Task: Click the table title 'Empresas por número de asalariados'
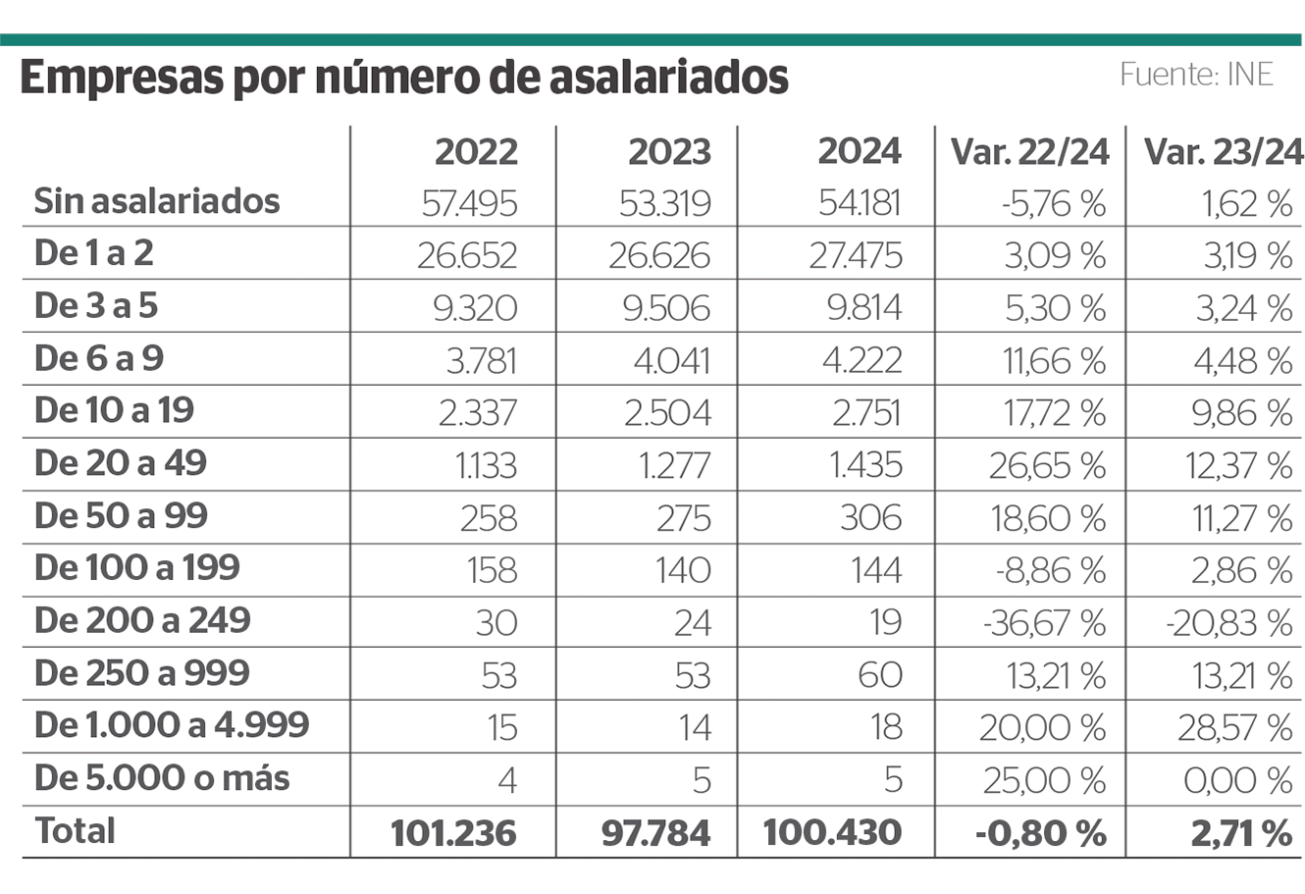[403, 78]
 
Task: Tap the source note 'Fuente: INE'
[1196, 75]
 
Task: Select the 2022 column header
[476, 152]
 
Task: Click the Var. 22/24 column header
[1029, 152]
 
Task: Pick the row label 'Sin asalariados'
[157, 201]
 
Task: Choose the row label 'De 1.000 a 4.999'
[172, 725]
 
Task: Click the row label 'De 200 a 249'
[142, 620]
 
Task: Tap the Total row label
[76, 830]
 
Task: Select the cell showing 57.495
[469, 204]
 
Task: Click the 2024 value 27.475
[856, 256]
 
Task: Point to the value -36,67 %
[1044, 623]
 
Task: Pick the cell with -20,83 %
[1230, 623]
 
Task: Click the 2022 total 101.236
[453, 832]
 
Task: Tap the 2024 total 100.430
[832, 832]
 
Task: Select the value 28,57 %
[1235, 728]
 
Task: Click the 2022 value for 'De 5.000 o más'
[506, 780]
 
